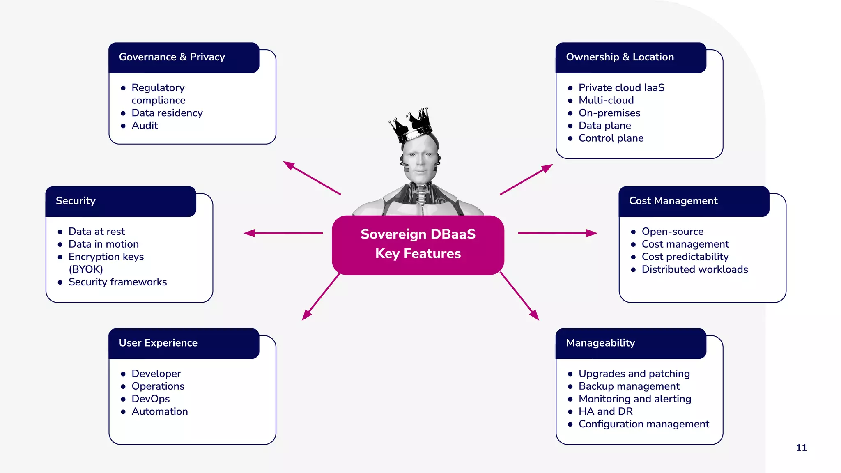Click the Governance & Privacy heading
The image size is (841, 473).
pos(172,57)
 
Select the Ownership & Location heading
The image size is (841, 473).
pos(620,57)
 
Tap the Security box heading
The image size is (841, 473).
pos(76,201)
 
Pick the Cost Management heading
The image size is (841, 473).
pos(673,201)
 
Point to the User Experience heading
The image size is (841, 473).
pos(158,343)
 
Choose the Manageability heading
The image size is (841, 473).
pos(600,343)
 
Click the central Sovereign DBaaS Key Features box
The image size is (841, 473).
pos(418,244)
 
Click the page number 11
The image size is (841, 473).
pos(801,448)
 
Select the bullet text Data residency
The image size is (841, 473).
pos(167,113)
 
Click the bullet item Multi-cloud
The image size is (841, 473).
pos(606,100)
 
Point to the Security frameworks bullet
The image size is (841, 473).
pos(117,282)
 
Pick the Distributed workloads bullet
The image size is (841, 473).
pos(694,269)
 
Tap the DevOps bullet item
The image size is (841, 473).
pos(150,399)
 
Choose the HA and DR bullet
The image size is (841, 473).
pos(605,411)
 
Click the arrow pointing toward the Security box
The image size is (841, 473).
pos(283,233)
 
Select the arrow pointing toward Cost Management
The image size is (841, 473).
pos(557,233)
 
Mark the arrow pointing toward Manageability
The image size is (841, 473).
pos(519,296)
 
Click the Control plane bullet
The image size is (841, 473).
pos(611,138)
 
